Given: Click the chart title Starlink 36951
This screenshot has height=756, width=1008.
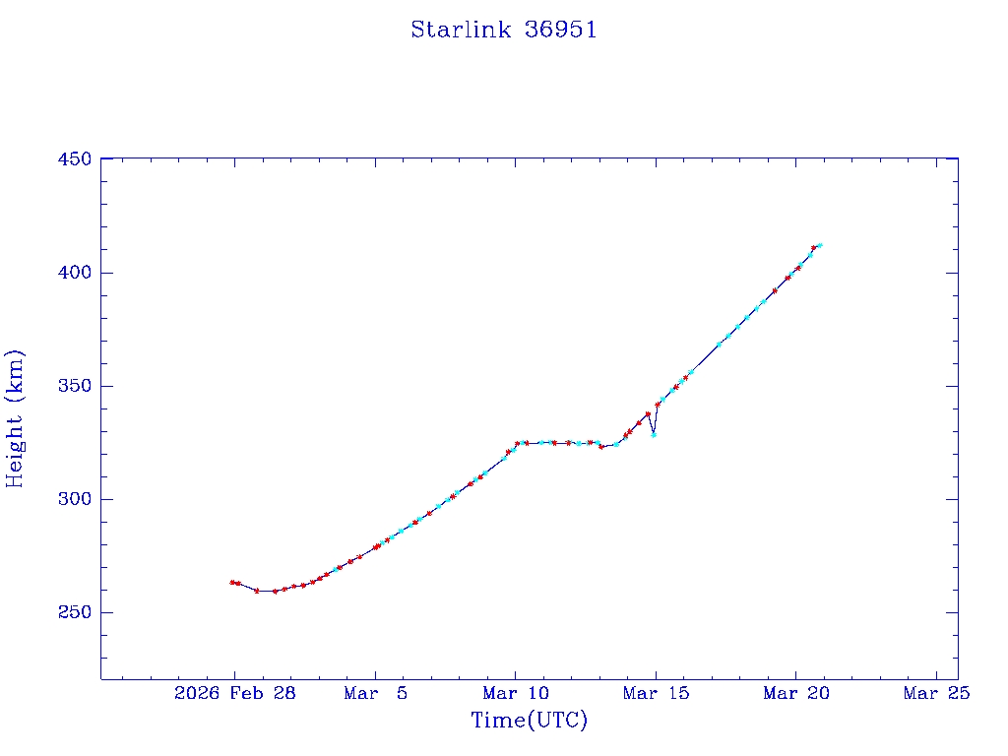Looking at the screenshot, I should (504, 30).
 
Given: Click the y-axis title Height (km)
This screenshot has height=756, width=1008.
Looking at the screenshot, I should (16, 418).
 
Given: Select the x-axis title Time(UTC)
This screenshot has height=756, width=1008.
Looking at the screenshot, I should (530, 721).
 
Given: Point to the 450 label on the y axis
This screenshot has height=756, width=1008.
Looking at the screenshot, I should (75, 159).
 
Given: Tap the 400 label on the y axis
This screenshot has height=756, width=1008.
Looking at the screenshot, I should (75, 273).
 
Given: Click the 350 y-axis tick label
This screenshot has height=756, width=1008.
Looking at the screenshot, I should (75, 386).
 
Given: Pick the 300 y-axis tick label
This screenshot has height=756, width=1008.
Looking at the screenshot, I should (75, 499).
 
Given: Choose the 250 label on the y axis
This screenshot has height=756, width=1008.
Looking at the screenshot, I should (75, 612).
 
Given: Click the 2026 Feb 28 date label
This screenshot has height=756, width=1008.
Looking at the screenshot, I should (235, 693).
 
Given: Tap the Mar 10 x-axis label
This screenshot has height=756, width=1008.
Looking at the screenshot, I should (517, 693).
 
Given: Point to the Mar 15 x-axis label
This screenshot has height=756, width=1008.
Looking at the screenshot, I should (657, 693).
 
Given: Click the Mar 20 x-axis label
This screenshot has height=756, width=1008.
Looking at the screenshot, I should (797, 693).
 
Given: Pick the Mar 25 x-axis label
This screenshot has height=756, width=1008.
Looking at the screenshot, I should (937, 693).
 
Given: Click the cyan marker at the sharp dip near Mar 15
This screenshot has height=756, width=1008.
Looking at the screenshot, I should (654, 434).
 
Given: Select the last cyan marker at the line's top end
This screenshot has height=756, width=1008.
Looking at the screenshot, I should (820, 245).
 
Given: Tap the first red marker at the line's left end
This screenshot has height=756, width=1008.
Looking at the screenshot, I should (232, 582).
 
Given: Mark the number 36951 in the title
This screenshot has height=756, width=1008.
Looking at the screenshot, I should (561, 30).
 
